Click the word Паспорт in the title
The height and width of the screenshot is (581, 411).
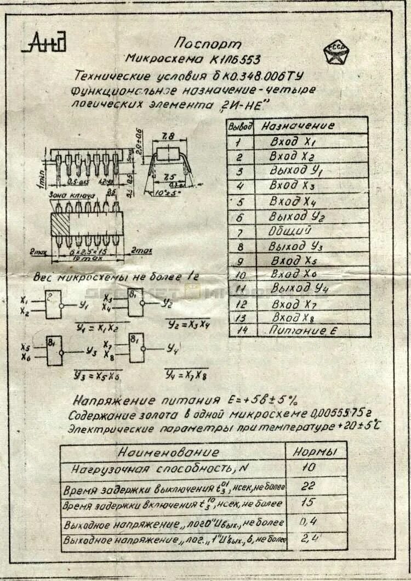(x=208, y=43)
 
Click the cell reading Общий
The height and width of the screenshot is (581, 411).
(x=290, y=231)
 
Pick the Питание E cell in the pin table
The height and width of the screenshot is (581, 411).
(x=302, y=330)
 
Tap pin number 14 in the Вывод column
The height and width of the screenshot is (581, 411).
(x=241, y=330)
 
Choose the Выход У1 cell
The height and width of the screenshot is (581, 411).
(x=296, y=171)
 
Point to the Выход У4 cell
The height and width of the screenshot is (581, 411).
(x=299, y=287)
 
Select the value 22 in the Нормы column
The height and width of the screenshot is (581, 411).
(x=308, y=486)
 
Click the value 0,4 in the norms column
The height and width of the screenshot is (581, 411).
(x=309, y=521)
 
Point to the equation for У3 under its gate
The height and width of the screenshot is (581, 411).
(x=98, y=376)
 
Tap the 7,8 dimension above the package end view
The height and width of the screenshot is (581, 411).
(x=168, y=135)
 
